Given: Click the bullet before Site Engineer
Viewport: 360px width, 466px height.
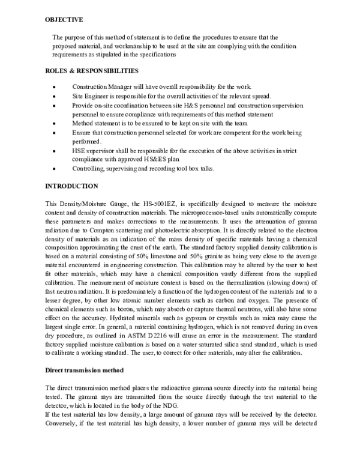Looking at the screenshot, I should click(55, 97).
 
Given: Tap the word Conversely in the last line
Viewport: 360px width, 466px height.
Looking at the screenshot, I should click(64, 423).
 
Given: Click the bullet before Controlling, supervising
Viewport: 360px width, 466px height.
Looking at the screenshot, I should click(55, 169).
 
